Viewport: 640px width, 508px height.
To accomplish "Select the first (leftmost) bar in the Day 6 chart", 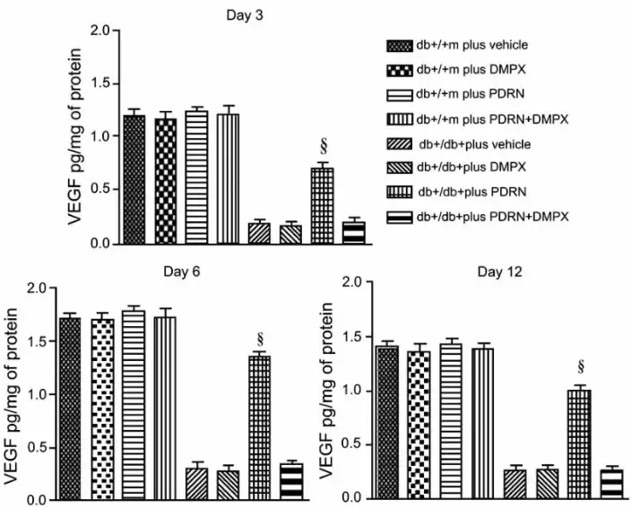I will pyautogui.click(x=74, y=408).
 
